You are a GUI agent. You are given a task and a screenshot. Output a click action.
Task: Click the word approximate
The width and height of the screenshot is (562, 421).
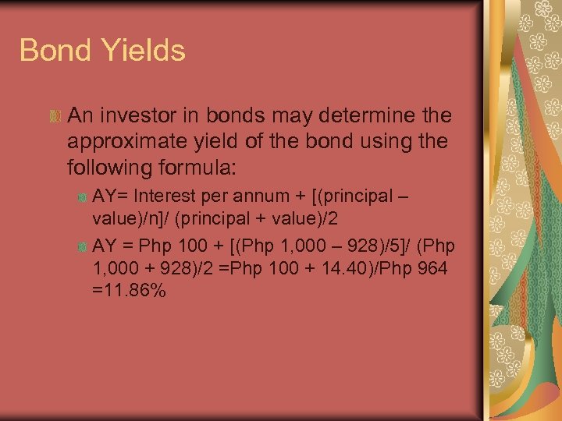click(134, 142)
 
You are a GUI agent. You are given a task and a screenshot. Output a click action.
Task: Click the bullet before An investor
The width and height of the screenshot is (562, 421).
click(54, 117)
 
